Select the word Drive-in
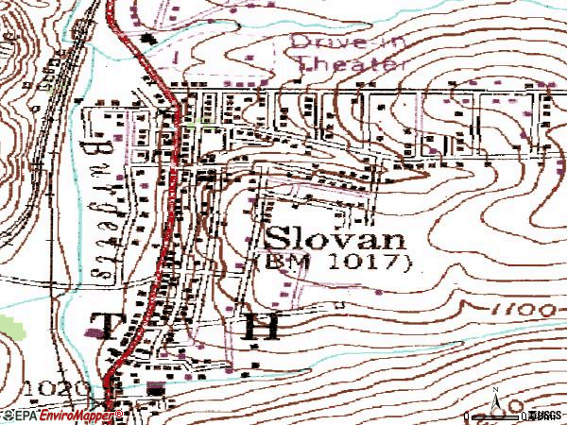point(335,42)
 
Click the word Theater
point(350,64)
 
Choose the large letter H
point(261,327)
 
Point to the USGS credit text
point(546,416)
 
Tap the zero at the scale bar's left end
point(470,416)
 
